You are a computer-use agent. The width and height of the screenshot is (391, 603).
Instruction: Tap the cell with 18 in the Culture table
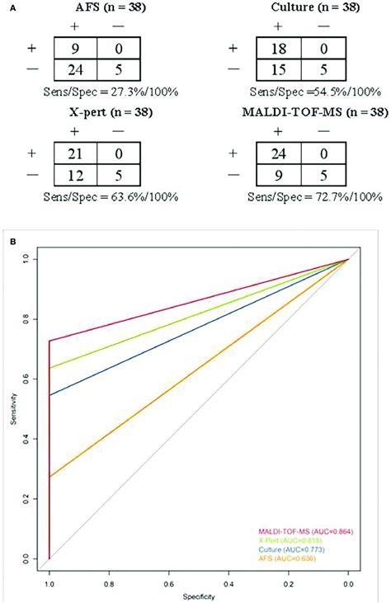pos(276,44)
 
